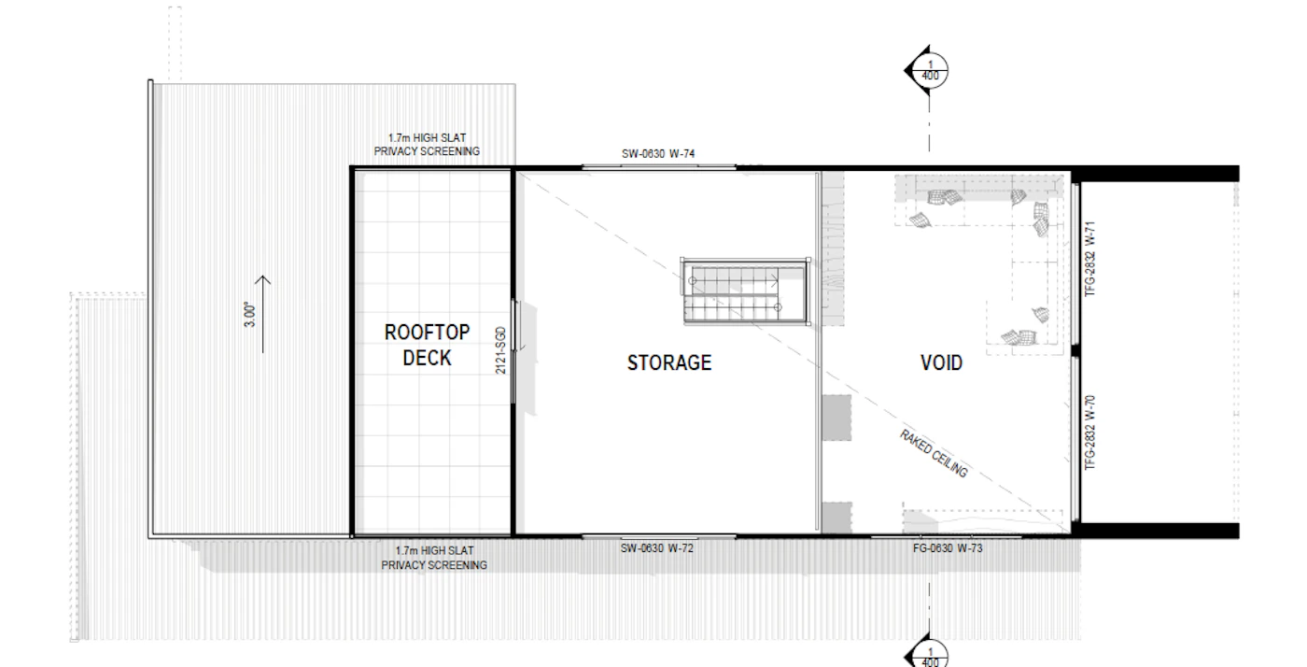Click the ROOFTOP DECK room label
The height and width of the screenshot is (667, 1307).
tap(428, 346)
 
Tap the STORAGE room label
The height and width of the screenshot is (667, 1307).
tap(669, 362)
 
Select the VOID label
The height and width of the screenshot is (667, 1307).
tap(941, 362)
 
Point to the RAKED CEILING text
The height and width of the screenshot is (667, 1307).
tap(934, 454)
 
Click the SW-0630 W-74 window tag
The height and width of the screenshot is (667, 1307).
tap(658, 153)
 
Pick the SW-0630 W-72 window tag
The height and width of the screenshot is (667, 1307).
tap(657, 548)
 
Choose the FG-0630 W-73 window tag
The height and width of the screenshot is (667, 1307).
tap(948, 548)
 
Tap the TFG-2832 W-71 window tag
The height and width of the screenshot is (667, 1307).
tap(1090, 259)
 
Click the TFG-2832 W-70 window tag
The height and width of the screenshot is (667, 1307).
tap(1090, 433)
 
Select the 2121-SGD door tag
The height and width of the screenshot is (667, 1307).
tap(500, 350)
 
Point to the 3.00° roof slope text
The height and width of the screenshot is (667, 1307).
tap(250, 314)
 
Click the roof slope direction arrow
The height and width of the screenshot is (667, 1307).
tap(263, 314)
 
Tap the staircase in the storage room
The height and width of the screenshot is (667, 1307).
tap(746, 291)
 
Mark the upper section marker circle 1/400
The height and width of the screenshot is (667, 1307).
tap(930, 71)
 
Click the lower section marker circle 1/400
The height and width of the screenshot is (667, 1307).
tap(930, 656)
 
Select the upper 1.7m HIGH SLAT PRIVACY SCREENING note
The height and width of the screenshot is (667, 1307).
tap(428, 145)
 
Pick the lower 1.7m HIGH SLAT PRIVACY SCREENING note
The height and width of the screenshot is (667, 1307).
tap(434, 559)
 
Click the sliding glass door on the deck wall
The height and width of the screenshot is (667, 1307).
tap(514, 351)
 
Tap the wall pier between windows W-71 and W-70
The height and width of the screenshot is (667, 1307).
tap(1075, 350)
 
